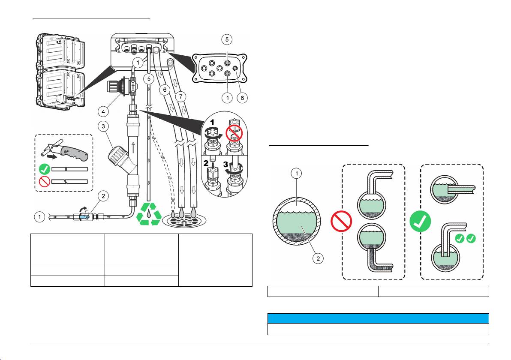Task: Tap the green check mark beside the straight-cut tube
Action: tap(43, 169)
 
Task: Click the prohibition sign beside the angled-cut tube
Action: tap(43, 181)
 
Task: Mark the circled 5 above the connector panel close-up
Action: tap(228, 39)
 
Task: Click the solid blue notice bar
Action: tap(378, 318)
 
